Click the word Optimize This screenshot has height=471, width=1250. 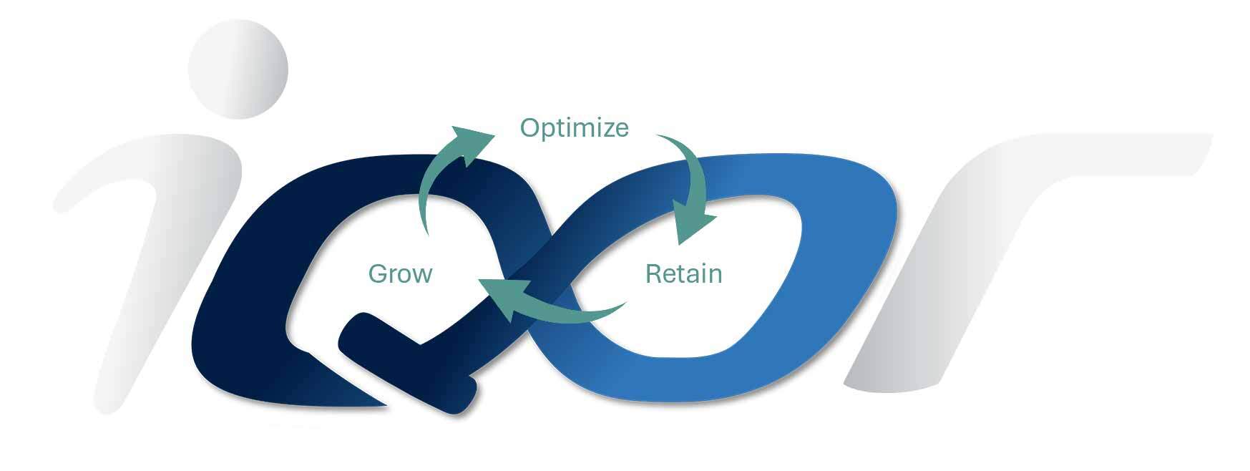tap(574, 128)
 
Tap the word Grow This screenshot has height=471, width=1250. tap(400, 273)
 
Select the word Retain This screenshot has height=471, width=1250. tap(683, 273)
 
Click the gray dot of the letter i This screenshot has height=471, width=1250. tap(238, 69)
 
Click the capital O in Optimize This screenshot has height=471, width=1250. tap(530, 128)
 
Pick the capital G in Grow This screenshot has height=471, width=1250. tap(379, 273)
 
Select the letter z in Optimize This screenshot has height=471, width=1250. tap(604, 130)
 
